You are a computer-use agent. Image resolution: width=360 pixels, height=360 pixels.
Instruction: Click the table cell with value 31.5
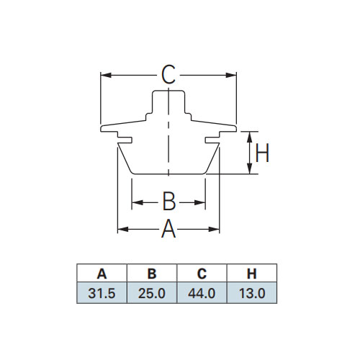pyautogui.click(x=102, y=293)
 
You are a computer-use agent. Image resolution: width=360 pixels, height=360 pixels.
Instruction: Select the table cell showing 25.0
pyautogui.click(x=152, y=293)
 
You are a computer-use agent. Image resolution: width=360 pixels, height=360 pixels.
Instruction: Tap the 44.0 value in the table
pyautogui.click(x=202, y=293)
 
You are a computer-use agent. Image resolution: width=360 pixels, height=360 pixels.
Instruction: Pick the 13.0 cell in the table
pyautogui.click(x=252, y=293)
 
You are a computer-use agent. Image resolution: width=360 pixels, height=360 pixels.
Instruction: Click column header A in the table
pyautogui.click(x=102, y=274)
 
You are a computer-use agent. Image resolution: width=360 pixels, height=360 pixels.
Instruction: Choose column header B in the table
pyautogui.click(x=152, y=274)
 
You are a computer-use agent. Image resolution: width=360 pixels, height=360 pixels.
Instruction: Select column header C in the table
pyautogui.click(x=202, y=274)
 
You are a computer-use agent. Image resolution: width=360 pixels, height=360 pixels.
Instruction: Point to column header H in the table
pyautogui.click(x=252, y=274)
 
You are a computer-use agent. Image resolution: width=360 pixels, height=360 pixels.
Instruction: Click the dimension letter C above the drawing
pyautogui.click(x=168, y=75)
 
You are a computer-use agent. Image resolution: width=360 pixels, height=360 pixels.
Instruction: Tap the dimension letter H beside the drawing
pyautogui.click(x=262, y=153)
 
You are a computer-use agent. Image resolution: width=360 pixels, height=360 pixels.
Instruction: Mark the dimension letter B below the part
pyautogui.click(x=169, y=201)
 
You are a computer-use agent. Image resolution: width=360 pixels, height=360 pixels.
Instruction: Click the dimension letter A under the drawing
pyautogui.click(x=168, y=229)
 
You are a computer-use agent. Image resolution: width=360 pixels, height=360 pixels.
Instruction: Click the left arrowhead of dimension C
pyautogui.click(x=106, y=75)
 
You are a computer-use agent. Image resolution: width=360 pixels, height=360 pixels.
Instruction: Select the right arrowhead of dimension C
pyautogui.click(x=231, y=75)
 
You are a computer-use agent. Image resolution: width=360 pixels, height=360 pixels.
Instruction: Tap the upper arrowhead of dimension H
pyautogui.click(x=250, y=137)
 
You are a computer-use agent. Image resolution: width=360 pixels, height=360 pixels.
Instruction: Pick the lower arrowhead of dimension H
pyautogui.click(x=250, y=168)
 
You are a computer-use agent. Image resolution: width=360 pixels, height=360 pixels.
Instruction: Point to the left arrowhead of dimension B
pyautogui.click(x=138, y=202)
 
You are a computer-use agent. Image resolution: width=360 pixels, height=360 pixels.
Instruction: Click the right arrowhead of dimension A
pyautogui.click(x=214, y=229)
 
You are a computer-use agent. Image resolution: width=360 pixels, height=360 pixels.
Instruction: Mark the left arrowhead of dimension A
pyautogui.click(x=123, y=229)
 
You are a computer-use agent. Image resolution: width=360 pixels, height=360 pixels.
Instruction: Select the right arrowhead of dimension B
pyautogui.click(x=200, y=202)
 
